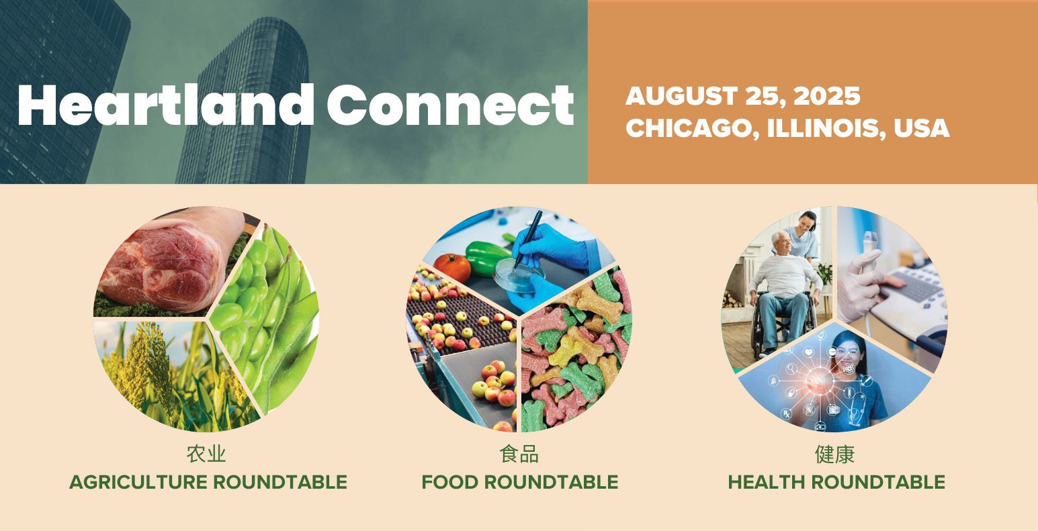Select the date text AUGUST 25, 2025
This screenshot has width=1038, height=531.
pyautogui.click(x=742, y=97)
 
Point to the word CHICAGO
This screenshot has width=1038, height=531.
pyautogui.click(x=686, y=128)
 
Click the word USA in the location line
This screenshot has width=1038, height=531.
pyautogui.click(x=921, y=128)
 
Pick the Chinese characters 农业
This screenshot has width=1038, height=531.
pyautogui.click(x=206, y=454)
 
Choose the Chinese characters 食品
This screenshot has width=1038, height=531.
pyautogui.click(x=519, y=454)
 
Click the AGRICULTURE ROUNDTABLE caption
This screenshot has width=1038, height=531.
pyautogui.click(x=208, y=482)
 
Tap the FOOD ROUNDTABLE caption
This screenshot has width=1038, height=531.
pyautogui.click(x=520, y=482)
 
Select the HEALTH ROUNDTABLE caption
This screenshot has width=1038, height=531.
pyautogui.click(x=836, y=482)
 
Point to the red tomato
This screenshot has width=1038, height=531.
pyautogui.click(x=452, y=267)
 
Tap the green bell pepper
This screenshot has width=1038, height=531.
pyautogui.click(x=488, y=258)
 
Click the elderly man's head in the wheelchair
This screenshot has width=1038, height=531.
pyautogui.click(x=781, y=243)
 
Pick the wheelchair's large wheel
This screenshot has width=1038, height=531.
pyautogui.click(x=759, y=329)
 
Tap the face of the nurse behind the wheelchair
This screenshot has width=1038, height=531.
pyautogui.click(x=808, y=223)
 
